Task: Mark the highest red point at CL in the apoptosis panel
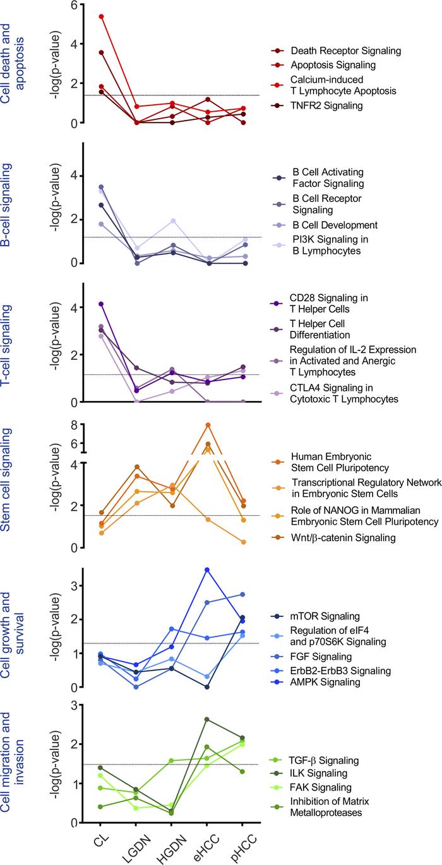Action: (101, 16)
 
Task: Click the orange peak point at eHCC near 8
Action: (208, 425)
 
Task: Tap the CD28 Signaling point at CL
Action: (101, 304)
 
